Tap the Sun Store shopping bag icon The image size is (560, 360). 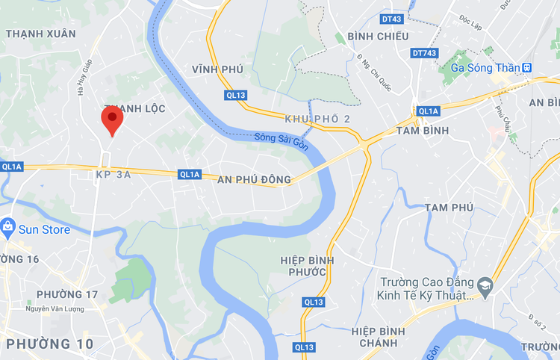(8, 226)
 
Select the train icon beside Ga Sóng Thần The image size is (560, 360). (527, 67)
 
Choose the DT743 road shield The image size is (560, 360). (423, 53)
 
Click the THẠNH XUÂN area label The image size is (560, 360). (40, 34)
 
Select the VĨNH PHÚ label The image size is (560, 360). (217, 69)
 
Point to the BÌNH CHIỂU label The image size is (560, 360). (378, 37)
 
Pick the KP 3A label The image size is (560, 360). (113, 175)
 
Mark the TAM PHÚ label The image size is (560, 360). (449, 207)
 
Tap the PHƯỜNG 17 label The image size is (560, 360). (67, 294)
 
